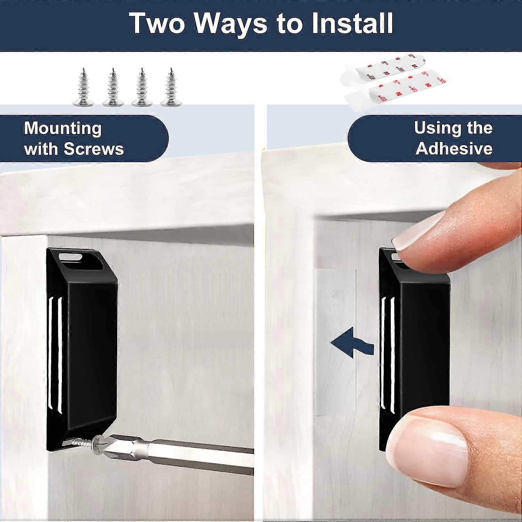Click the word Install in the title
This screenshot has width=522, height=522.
(352, 23)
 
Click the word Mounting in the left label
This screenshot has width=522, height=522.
(63, 129)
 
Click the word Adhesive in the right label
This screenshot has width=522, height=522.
(454, 149)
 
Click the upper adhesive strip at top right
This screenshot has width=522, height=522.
(383, 71)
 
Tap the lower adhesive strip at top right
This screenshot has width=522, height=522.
(395, 90)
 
